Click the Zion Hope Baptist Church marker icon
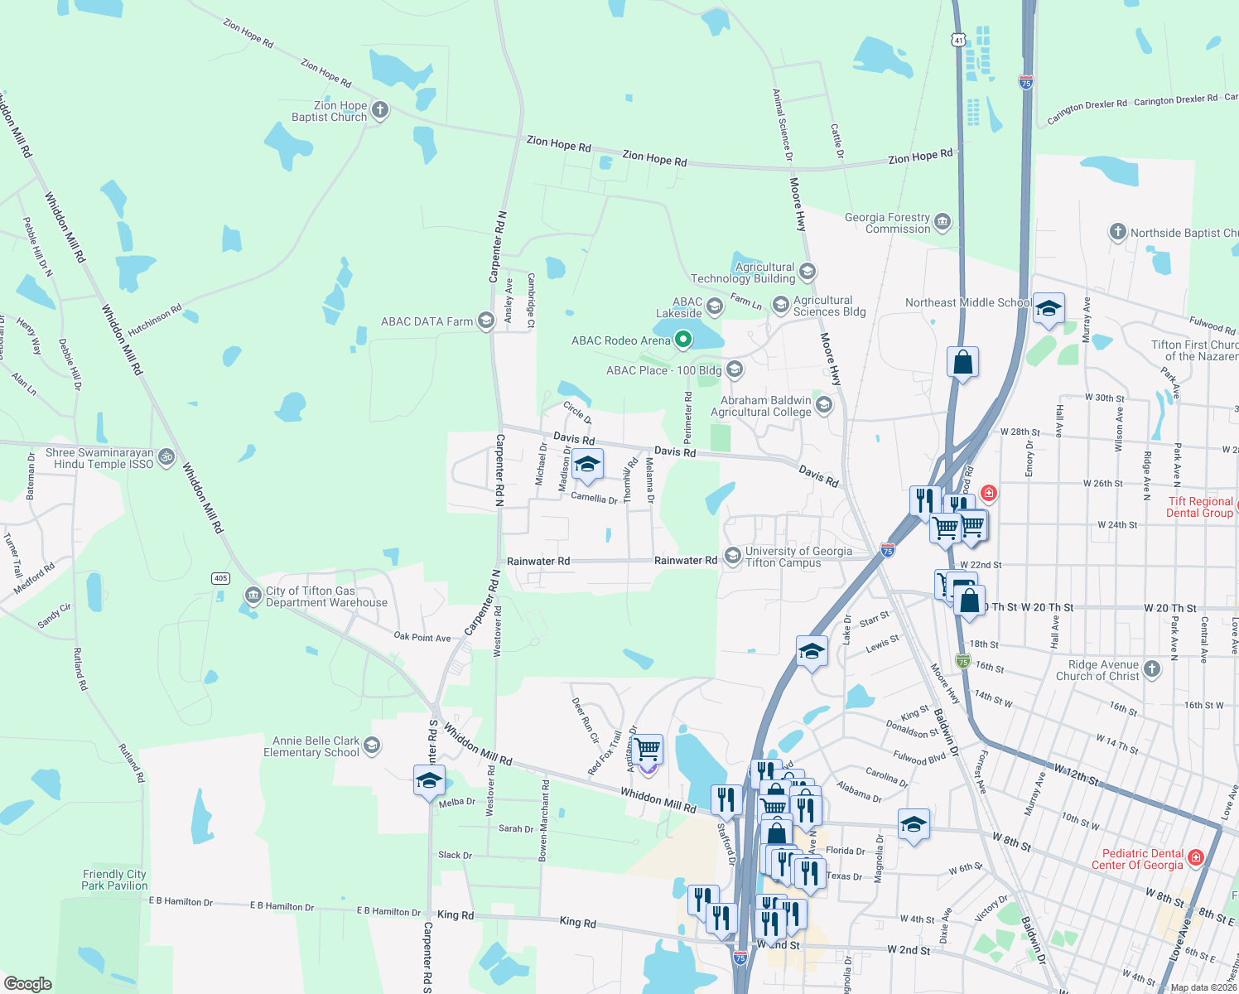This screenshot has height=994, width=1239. click(x=380, y=110)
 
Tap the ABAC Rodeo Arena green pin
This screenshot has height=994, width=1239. click(x=683, y=339)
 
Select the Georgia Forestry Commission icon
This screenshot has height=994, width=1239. click(x=943, y=222)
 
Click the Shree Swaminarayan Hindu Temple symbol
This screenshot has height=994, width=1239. click(x=166, y=456)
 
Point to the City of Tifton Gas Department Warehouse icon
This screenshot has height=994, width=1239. click(x=253, y=596)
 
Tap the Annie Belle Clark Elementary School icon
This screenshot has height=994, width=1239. click(x=373, y=745)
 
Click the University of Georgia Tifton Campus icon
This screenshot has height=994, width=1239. click(x=732, y=556)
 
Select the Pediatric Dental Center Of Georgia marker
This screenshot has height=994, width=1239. click(x=1195, y=858)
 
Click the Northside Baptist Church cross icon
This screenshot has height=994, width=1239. click(x=1118, y=232)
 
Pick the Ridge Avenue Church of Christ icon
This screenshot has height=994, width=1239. click(x=1152, y=668)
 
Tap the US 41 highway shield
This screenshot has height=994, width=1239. click(x=958, y=40)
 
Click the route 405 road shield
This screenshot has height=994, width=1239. click(x=220, y=578)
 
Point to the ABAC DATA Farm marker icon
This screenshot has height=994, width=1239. click(x=486, y=322)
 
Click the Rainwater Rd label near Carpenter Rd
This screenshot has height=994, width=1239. click(x=538, y=562)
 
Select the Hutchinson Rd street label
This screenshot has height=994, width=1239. click(x=155, y=321)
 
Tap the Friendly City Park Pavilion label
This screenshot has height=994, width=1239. click(x=114, y=880)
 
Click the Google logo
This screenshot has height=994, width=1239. click(x=28, y=984)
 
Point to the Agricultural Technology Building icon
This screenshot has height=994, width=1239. click(x=808, y=272)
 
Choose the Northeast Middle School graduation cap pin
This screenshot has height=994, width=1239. click(x=1049, y=309)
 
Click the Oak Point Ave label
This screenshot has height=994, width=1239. click(x=422, y=637)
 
